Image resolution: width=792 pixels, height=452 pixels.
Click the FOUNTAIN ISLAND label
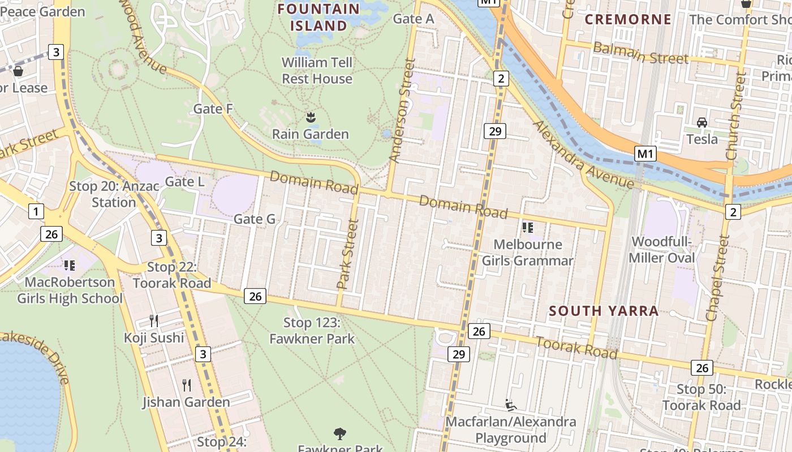319,17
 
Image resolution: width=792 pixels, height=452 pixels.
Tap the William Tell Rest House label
317,71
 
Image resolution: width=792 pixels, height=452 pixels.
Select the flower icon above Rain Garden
310,118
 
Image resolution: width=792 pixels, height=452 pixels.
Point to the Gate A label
414,19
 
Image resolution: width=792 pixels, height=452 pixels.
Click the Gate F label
213,108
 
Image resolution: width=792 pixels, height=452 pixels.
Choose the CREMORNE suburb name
628,20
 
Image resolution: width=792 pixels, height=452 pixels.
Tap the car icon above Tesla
701,123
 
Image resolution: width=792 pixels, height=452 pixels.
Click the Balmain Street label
640,53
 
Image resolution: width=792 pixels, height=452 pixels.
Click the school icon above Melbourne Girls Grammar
528,228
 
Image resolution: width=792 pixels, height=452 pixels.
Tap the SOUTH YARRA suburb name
604,311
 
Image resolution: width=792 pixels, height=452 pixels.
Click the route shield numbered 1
36,212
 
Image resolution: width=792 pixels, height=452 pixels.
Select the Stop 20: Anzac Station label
114,194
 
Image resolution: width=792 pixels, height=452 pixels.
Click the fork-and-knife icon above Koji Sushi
154,321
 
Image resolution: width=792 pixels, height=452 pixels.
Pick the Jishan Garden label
186,402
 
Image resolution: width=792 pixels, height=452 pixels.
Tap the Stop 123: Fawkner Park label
312,331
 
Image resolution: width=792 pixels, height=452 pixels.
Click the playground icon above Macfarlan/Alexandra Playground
511,405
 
